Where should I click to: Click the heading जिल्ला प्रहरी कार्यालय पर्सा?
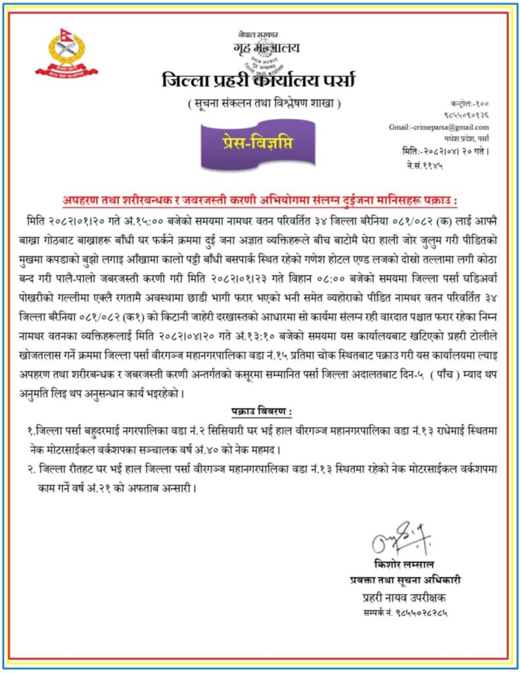(258, 81)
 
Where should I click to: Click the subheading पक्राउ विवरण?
(261, 411)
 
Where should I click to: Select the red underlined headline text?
(260, 199)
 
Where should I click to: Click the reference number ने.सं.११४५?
(425, 165)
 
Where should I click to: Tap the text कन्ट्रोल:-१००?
(469, 104)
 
